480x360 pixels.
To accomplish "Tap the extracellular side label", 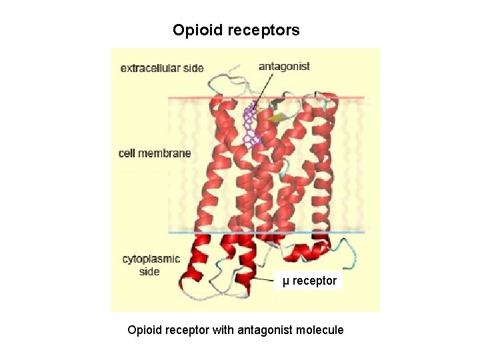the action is click(162, 68).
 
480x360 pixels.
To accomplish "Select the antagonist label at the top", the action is click(284, 66).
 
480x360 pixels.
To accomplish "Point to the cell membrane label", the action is click(155, 153).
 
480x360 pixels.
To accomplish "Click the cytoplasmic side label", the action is click(151, 265).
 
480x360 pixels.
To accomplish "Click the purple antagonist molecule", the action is click(251, 125).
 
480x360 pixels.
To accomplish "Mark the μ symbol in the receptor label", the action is click(286, 281).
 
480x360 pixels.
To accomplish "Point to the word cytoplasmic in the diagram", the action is click(151, 259).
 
